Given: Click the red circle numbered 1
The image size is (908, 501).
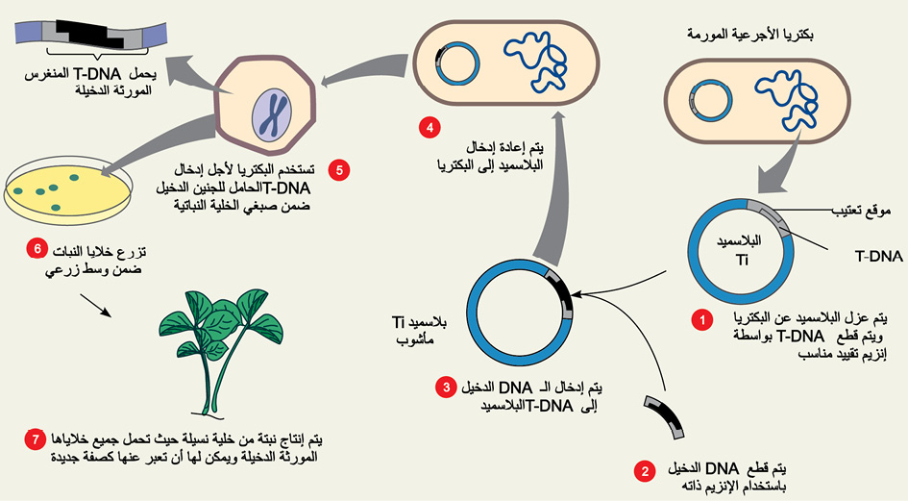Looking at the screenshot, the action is tap(703, 319).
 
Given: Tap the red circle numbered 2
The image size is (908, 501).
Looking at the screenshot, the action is tap(645, 471).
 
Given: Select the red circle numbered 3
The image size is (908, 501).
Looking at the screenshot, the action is tap(447, 388).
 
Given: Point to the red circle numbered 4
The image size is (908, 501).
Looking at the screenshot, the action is tap(429, 128).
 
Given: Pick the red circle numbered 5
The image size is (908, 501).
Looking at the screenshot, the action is tap(339, 170).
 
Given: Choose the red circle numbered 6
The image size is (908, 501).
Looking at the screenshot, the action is tap(37, 249).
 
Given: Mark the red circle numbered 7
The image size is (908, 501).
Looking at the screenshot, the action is tap(36, 439).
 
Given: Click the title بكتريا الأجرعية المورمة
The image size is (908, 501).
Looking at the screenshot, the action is tap(749, 35).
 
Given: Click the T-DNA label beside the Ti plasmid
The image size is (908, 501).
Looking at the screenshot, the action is tap(878, 256).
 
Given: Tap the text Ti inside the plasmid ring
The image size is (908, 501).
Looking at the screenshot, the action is tap(742, 260).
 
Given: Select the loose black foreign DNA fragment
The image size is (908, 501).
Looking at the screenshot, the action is tap(666, 415).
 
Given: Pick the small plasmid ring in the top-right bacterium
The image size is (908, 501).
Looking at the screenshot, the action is tap(712, 101).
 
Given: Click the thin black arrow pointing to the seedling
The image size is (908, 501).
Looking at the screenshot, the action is tap(95, 305).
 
